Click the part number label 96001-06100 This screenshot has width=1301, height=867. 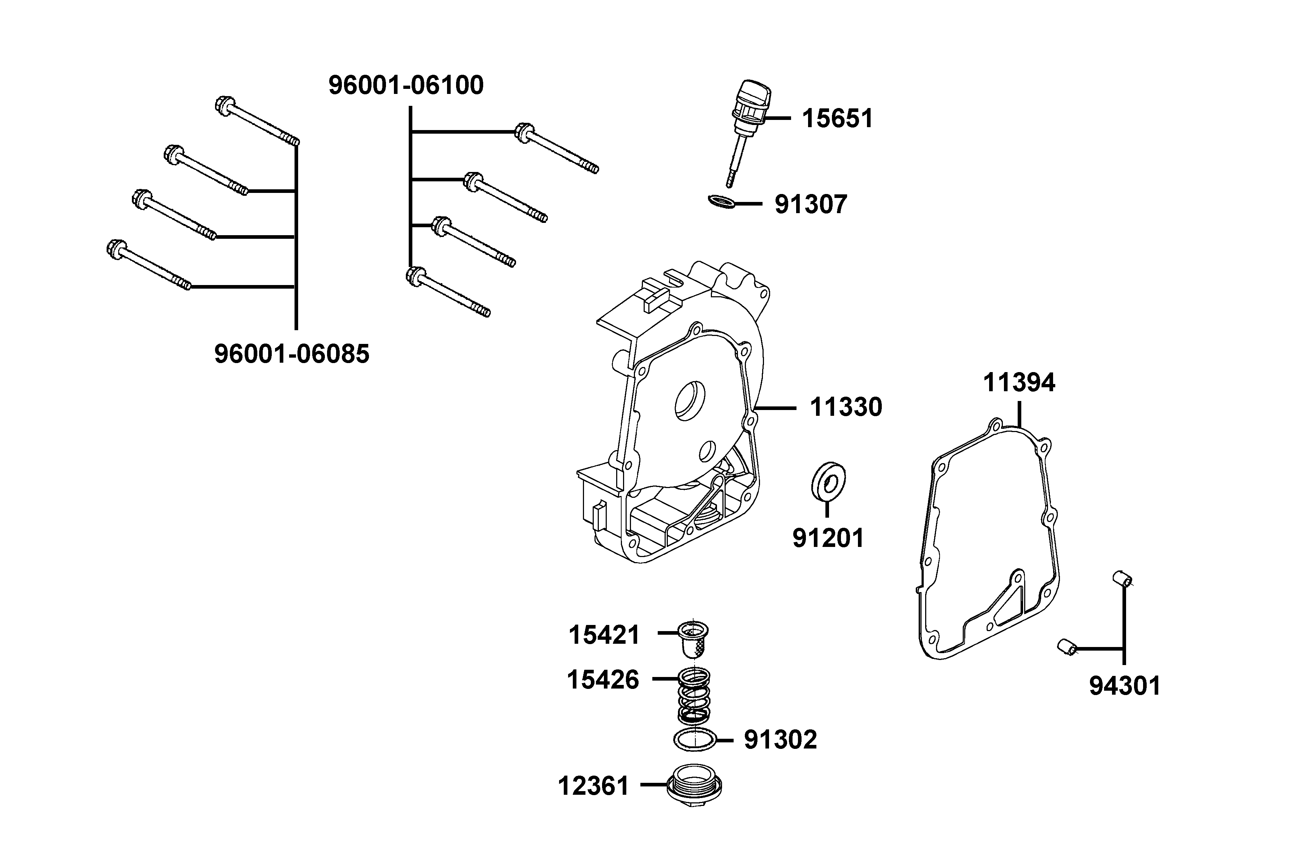click(406, 86)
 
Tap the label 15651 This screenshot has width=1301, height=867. click(837, 119)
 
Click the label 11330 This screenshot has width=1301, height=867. click(846, 407)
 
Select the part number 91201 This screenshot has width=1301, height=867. click(828, 538)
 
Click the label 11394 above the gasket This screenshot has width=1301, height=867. click(1019, 383)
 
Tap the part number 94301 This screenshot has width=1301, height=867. click(1125, 686)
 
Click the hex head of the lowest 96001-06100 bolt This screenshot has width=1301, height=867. click(414, 275)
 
